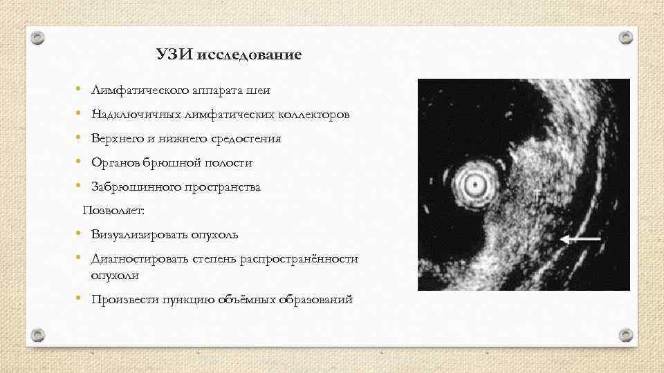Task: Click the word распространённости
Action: [299, 259]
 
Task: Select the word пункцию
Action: [189, 300]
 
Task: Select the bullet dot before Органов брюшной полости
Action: [80, 162]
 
